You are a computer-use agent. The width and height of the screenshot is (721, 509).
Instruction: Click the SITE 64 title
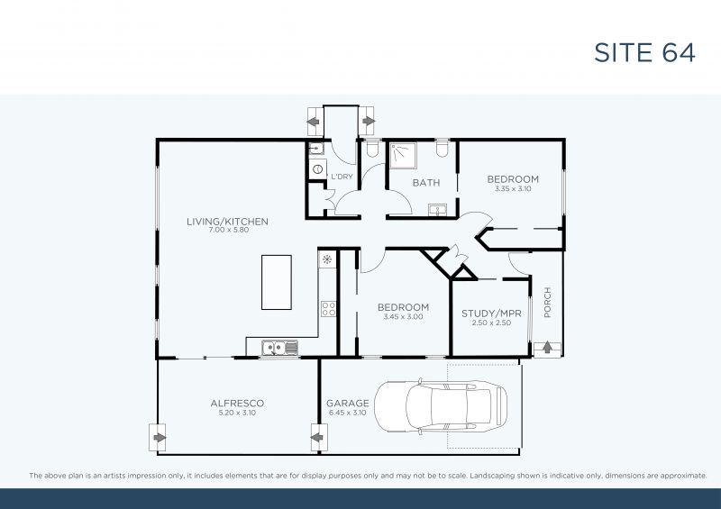[644, 52]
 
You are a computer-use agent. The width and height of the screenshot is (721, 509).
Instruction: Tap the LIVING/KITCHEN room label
[227, 221]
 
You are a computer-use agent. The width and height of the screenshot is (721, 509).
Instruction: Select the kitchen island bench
[276, 282]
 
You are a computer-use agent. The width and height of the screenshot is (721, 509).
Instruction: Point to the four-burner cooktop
[328, 309]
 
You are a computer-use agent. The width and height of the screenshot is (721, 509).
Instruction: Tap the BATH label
[426, 183]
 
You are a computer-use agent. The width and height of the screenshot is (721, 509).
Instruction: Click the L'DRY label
[342, 177]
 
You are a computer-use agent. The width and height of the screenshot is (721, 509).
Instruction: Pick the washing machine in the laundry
[316, 168]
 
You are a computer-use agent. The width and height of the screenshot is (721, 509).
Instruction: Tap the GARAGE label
[347, 404]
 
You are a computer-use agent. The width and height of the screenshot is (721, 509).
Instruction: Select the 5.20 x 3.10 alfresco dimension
[237, 413]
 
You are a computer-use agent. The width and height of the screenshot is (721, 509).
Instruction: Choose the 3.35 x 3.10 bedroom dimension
[513, 189]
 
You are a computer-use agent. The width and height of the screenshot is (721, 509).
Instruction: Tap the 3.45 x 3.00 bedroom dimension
[403, 316]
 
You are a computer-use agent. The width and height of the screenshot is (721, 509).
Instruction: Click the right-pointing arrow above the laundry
[368, 121]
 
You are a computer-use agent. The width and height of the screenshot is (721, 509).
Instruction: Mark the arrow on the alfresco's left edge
[160, 439]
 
